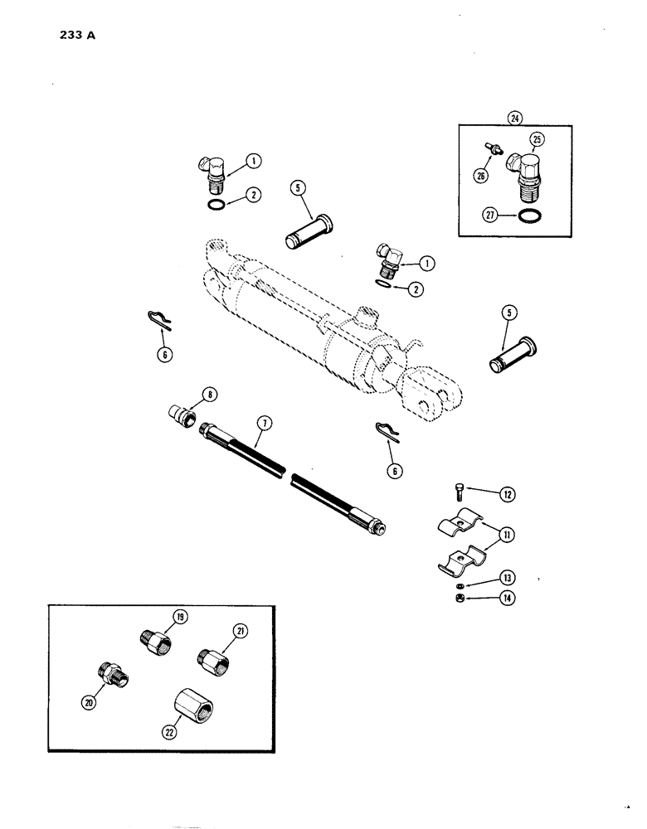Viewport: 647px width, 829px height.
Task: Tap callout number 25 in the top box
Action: click(x=537, y=138)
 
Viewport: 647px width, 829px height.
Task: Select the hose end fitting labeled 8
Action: click(x=182, y=412)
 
